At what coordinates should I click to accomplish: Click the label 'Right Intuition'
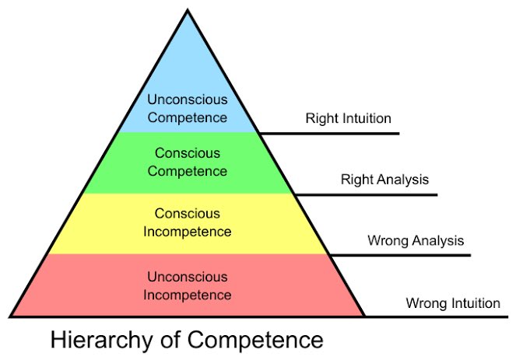pos(348,119)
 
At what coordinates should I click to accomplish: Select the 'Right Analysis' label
pos(384,180)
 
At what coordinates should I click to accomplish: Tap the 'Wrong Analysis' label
pos(416,241)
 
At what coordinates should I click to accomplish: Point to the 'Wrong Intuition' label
pos(453,303)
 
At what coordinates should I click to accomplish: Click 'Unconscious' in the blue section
pos(188,100)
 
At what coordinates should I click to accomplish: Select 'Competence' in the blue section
pos(188,117)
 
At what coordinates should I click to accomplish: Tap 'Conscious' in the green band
pos(188,153)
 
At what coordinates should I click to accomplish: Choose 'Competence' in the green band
pos(188,170)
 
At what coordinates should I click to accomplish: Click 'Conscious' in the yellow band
pos(188,213)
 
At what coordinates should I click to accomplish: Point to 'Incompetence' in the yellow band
pos(188,231)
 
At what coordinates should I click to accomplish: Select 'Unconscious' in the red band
pos(188,277)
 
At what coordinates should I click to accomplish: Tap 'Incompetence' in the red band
pos(188,295)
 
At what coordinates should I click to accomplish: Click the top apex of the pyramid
pos(188,9)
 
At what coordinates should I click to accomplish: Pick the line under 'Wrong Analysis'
pos(405,255)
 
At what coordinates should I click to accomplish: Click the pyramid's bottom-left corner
pos(11,316)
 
